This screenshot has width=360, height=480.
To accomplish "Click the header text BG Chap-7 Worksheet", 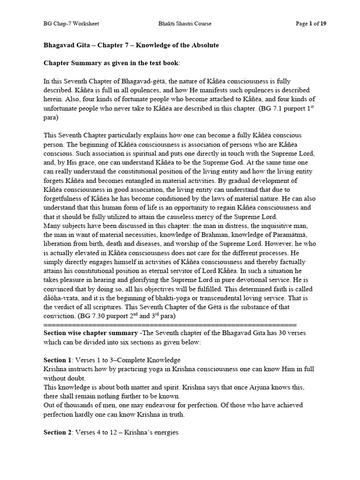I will click(x=71, y=23).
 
